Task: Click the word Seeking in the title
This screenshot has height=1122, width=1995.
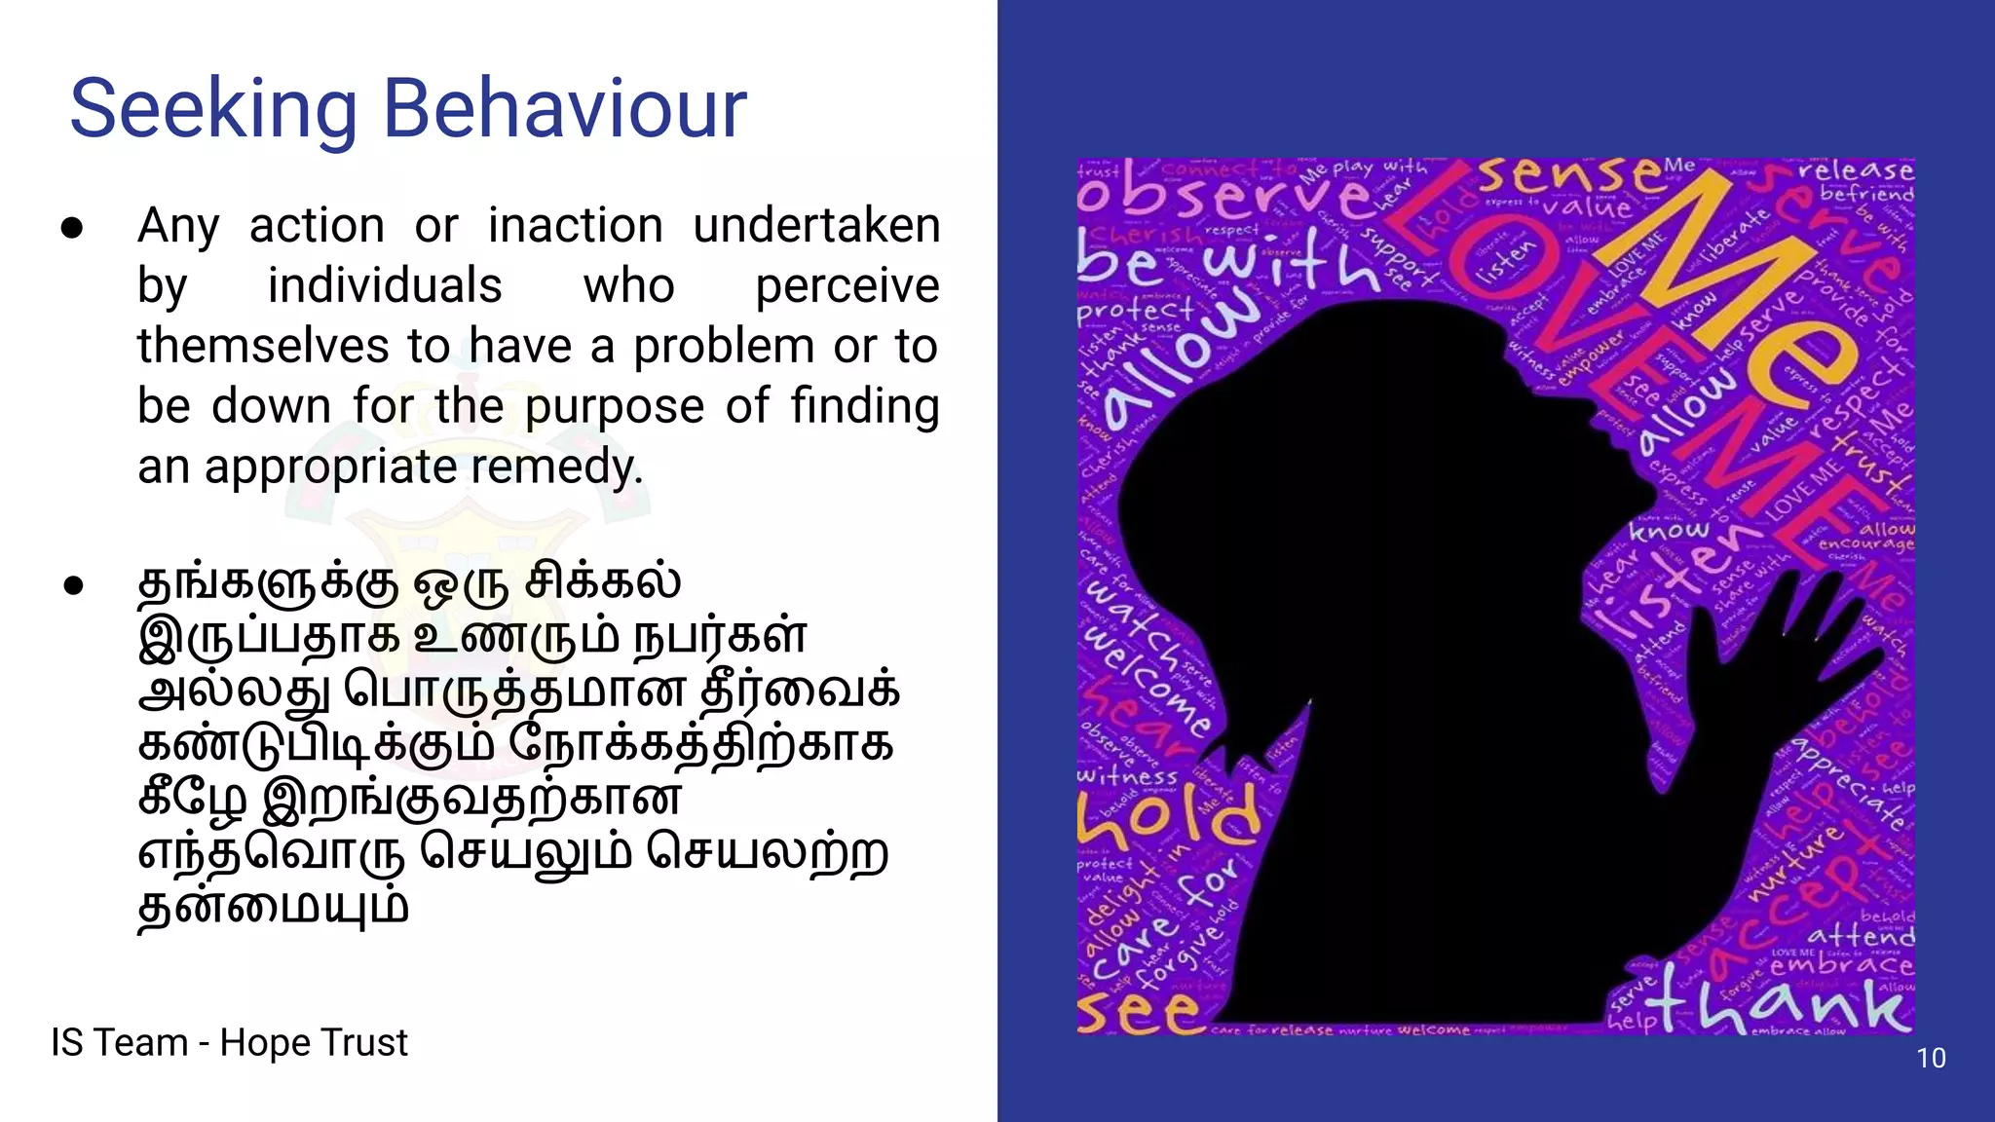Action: point(213,109)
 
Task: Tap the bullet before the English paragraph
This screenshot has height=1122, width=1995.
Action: point(72,228)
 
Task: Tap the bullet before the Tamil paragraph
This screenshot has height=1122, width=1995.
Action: point(72,586)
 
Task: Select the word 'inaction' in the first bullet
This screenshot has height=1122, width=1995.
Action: point(575,226)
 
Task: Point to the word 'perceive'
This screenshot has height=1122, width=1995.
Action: point(847,286)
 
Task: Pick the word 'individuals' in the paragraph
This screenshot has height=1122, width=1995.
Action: point(385,286)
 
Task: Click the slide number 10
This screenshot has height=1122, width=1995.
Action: point(1931,1058)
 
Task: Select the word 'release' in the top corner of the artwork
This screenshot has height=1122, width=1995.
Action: point(1855,170)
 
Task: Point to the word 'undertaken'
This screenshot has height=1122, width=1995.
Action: point(816,226)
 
